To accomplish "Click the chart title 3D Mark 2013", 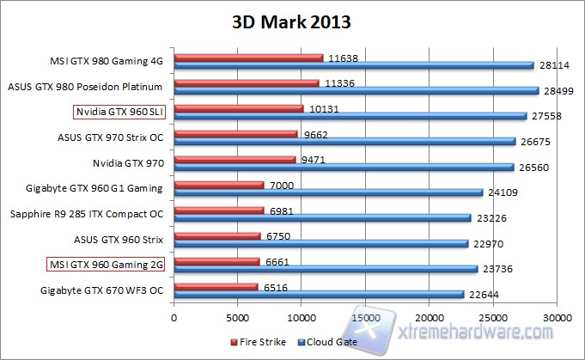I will pyautogui.click(x=293, y=19).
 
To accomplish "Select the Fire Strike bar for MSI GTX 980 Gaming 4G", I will pyautogui.click(x=248, y=58).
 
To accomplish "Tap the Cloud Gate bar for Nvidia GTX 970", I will pyautogui.click(x=344, y=168).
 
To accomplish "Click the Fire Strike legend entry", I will pyautogui.click(x=259, y=343).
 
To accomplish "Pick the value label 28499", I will pyautogui.click(x=558, y=90).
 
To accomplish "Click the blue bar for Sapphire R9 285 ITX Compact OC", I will pyautogui.click(x=322, y=217).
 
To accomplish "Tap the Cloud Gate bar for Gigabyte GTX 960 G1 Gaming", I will pyautogui.click(x=327, y=192).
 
